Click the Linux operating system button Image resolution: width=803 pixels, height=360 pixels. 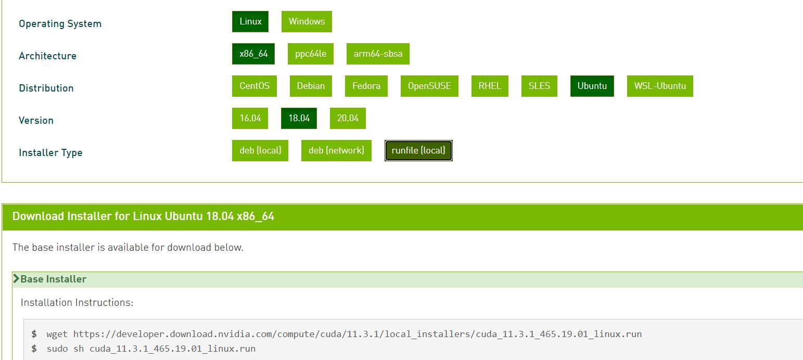250,22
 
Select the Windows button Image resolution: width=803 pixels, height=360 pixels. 307,22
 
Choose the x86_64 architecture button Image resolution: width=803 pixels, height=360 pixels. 253,54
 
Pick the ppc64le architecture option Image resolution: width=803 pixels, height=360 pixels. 311,54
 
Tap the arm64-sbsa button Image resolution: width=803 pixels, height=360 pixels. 378,54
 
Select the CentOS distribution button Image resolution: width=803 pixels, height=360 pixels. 254,86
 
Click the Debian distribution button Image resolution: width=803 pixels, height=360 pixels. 311,86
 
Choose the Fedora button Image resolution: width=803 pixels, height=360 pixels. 366,86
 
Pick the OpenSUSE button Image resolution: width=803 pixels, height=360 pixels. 429,86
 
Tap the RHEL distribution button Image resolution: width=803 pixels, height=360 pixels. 490,86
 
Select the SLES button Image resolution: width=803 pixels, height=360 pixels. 539,86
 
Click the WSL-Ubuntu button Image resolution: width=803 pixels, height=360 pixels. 660,86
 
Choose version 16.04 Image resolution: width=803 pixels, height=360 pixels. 250,119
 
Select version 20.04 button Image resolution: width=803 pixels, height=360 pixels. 348,119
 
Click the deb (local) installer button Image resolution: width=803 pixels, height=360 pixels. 260,151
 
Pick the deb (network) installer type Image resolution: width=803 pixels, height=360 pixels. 336,151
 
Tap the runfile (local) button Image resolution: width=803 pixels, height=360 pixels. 418,151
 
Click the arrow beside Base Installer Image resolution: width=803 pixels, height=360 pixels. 16,279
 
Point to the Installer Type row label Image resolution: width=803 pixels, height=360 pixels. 50,153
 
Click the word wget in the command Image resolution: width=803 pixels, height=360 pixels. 57,334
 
